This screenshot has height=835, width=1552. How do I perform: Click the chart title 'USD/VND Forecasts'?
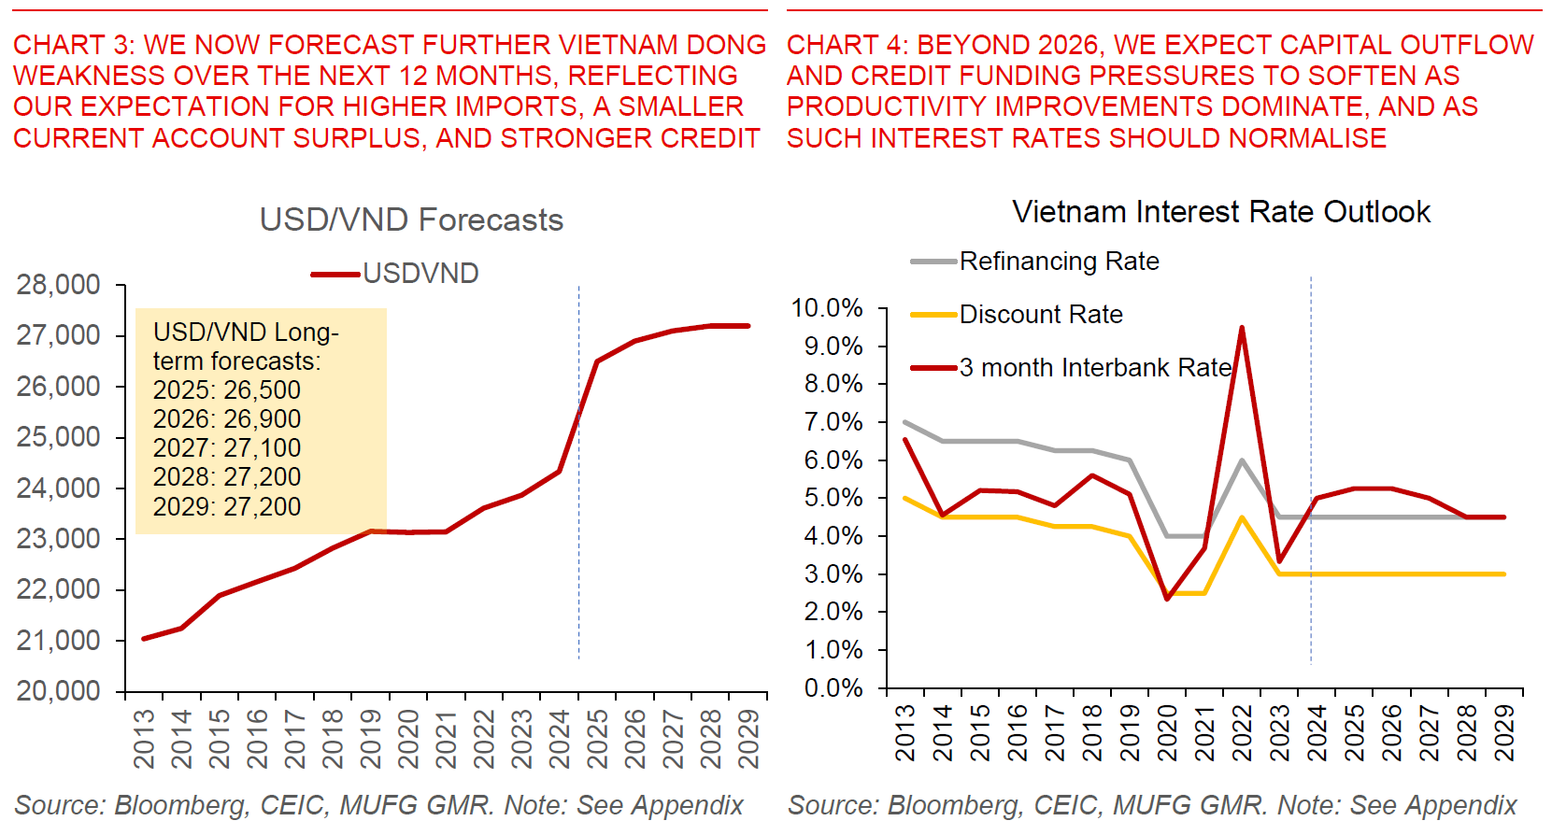coord(411,220)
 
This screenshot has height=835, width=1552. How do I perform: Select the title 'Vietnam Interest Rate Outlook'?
coord(1220,212)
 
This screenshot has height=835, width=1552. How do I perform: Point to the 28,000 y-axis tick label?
coord(59,285)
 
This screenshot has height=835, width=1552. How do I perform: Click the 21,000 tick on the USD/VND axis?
coord(59,641)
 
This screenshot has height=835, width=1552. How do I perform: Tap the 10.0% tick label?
coord(827,308)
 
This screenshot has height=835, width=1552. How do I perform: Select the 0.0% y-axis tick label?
coord(833,688)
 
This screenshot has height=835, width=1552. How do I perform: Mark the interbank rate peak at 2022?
coord(1242,328)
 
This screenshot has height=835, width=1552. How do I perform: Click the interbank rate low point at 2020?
coord(1167,599)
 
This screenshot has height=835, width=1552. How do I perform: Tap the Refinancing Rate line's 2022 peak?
coord(1242,460)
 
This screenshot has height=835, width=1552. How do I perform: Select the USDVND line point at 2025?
coord(597,361)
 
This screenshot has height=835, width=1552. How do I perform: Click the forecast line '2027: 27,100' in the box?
coord(227,448)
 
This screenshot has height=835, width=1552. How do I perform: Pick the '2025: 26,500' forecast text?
coord(227,390)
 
